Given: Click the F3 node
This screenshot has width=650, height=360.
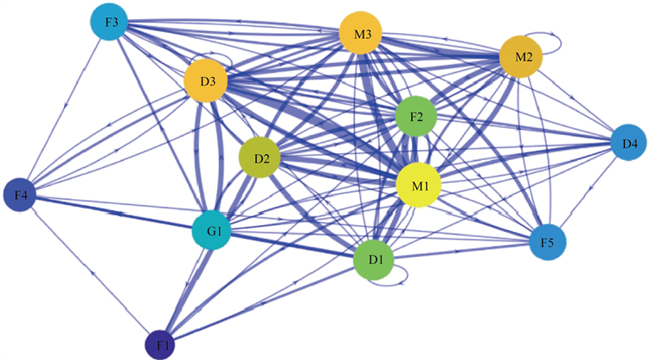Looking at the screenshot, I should point(112,23).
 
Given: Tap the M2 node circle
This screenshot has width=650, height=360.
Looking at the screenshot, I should point(522,58).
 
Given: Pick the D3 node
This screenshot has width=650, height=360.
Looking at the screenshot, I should point(205,83).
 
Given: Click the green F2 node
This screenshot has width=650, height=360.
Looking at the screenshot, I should point(416,116).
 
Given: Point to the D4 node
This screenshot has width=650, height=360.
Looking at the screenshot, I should point(629,142).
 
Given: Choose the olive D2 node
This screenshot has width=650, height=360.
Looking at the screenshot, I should point(261,160).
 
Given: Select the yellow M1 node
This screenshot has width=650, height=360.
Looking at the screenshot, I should point(419,184).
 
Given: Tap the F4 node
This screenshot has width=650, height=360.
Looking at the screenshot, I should point(23,196).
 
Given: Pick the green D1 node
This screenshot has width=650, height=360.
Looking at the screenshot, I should point(376,260).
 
